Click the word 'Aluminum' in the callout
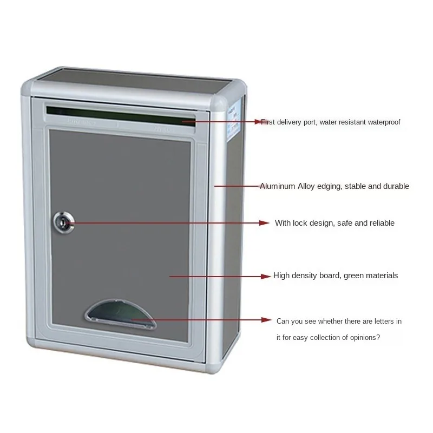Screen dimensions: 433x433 (278, 186)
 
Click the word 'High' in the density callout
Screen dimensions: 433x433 (282, 275)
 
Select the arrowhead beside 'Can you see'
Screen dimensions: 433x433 (266, 320)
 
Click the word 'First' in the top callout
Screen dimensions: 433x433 (268, 122)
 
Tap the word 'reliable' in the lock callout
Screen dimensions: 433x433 (382, 223)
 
